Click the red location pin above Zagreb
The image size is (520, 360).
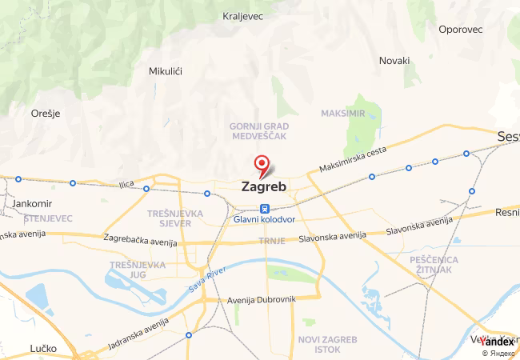262,165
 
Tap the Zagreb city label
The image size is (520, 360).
263,187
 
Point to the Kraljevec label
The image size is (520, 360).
244,16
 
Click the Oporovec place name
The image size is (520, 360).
461,30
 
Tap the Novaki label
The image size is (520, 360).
394,61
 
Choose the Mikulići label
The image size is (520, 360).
166,71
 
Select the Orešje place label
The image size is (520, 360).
46,114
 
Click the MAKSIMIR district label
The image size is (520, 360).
342,114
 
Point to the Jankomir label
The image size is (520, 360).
33,204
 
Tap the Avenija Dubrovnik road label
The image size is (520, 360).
262,299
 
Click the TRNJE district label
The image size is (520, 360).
266,240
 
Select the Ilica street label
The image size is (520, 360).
126,184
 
